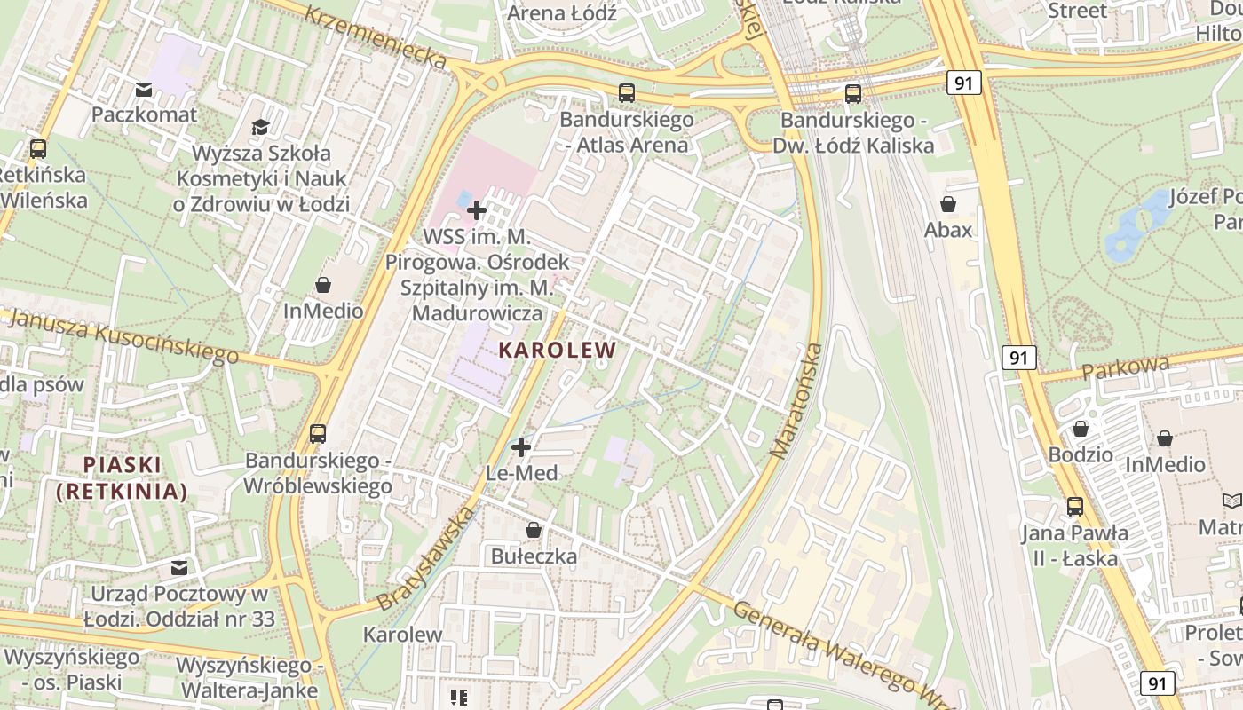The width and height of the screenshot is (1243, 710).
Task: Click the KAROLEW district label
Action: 557,350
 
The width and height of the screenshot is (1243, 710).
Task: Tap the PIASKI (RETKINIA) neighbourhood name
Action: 122,477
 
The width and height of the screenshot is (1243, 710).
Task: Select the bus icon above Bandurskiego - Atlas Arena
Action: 626,93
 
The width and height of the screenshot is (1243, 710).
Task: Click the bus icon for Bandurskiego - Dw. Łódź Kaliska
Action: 853,93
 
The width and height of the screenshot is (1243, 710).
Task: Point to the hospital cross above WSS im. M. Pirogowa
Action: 477,210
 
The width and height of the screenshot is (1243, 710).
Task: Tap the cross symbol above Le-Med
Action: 521,446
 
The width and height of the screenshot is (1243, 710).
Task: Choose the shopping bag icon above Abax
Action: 948,204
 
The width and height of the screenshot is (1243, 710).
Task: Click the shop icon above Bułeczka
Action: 534,530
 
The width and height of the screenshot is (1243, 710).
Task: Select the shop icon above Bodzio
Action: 1081,429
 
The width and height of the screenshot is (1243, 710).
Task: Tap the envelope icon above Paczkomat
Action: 144,90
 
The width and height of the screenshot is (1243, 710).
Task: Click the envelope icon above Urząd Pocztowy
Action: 180,567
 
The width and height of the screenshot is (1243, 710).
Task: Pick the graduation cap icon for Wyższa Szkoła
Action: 260,127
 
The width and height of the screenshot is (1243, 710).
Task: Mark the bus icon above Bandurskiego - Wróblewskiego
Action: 318,434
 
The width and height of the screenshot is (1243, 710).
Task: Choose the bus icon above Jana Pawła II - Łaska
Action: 1075,507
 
